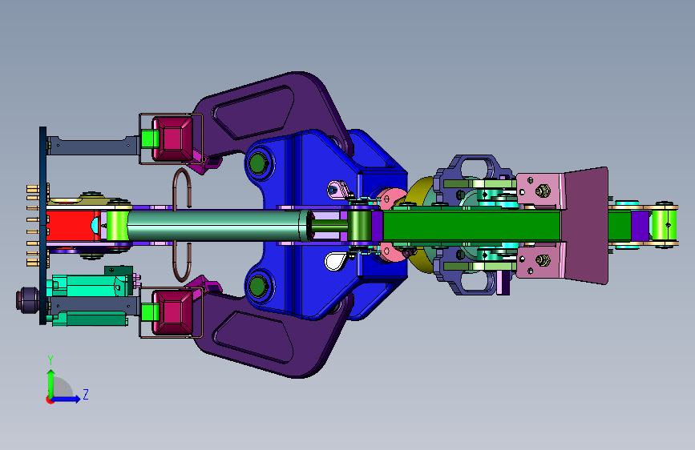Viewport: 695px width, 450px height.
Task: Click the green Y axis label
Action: coord(51,360)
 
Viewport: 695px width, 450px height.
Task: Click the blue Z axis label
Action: coord(86,394)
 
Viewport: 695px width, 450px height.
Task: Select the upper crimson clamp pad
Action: coord(172,139)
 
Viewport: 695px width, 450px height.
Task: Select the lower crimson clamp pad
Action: coord(172,311)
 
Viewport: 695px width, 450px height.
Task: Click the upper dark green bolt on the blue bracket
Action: coord(257,163)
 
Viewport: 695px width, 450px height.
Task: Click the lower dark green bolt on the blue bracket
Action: coord(257,286)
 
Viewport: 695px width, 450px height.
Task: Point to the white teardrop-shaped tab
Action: coord(334,261)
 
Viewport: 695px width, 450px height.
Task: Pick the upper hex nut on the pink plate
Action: coord(543,191)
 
